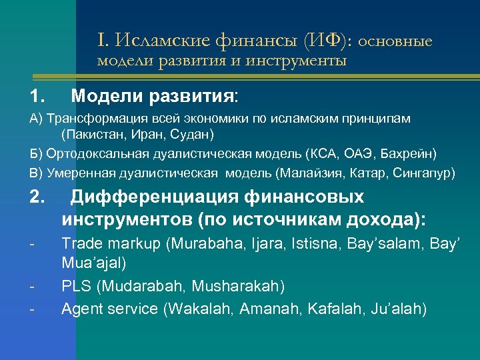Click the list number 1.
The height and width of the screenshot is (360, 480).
click(x=37, y=97)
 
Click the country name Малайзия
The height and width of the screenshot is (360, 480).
click(x=309, y=173)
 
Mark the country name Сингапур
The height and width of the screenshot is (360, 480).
click(x=424, y=173)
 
